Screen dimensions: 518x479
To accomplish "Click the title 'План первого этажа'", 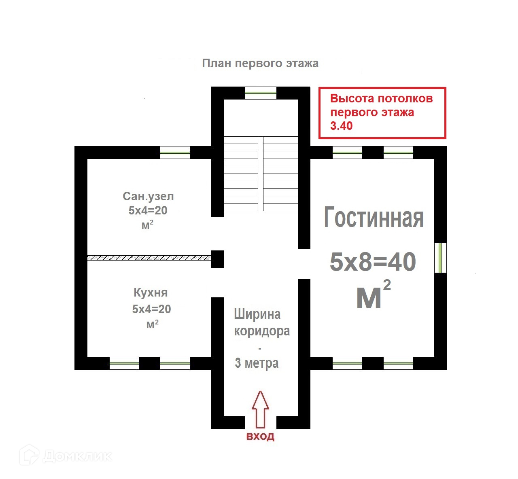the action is [260, 64].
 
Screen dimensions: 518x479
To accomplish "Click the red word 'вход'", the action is [261, 437].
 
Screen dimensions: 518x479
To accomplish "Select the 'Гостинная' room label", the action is [374, 218].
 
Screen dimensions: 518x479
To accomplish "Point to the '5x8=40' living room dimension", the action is [373, 262].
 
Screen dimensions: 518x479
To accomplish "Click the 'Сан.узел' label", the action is [148, 197].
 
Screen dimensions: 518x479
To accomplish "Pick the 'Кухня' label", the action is [151, 292].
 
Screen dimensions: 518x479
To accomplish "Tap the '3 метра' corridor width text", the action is [257, 363].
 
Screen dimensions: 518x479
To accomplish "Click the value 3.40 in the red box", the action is [342, 126].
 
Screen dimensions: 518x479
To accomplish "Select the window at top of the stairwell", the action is [261, 93].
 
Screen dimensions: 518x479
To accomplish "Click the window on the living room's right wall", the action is [440, 258].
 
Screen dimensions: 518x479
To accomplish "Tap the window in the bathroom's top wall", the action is [175, 153].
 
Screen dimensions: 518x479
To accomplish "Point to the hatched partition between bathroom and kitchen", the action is [149, 258].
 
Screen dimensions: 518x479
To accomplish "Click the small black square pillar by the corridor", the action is [217, 259].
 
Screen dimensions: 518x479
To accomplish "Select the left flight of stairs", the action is [241, 174].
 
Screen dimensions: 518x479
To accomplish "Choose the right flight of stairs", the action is [280, 174].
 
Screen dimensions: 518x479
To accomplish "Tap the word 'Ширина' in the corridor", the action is [257, 314].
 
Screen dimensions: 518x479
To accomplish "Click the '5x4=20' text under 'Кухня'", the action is [151, 309].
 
